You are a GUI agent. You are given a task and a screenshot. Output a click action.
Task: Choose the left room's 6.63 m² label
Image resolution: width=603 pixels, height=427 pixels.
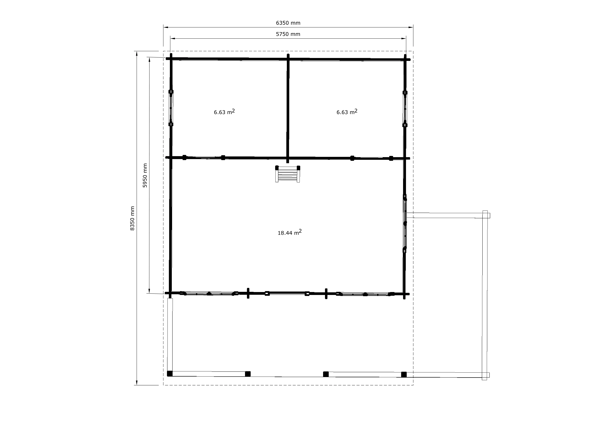point(224,112)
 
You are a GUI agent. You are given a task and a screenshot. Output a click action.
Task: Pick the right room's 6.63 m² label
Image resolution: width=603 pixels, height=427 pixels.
point(347,112)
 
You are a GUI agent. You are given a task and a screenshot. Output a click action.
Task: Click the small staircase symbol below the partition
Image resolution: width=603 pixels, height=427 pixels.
point(288,174)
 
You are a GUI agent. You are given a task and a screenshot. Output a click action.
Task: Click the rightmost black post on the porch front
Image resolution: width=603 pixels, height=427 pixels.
point(404,374)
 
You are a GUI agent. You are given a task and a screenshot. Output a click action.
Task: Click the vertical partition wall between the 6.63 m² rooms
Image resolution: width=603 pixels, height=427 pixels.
point(288,108)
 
